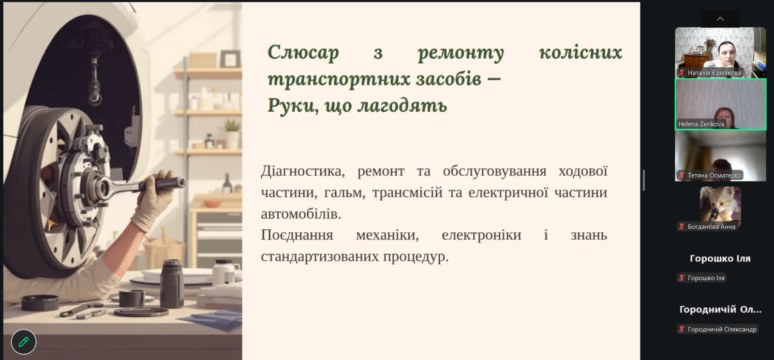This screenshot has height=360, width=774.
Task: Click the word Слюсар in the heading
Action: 303,53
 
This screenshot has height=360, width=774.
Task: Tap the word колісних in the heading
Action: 580,52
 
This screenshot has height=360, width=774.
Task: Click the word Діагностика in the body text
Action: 303,171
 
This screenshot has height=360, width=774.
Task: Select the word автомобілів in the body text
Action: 301,214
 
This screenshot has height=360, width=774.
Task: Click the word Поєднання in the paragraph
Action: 297,235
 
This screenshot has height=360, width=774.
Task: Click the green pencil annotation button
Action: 24,342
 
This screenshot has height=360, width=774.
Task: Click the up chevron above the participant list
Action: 720,19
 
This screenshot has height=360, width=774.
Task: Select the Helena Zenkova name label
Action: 701,124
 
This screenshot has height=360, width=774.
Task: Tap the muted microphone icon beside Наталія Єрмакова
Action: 682,73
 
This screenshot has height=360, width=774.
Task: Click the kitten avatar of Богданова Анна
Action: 720,204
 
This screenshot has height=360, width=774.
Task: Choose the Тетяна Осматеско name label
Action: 714,176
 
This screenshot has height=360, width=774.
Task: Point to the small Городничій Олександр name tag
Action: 722,329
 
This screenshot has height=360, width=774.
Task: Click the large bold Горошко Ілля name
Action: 720,258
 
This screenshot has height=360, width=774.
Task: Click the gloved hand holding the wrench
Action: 152,202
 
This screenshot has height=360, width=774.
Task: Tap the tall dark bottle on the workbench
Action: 172,283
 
